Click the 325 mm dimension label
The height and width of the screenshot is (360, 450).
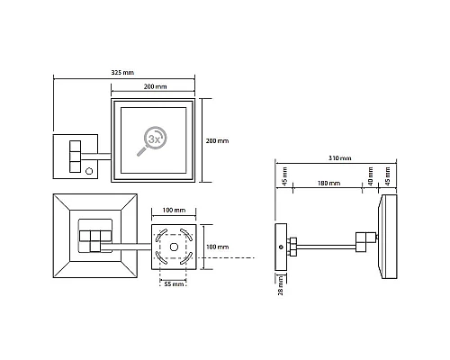tap(122, 73)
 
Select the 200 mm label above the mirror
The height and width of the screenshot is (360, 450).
tap(155, 86)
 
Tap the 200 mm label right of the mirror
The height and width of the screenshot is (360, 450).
tap(217, 140)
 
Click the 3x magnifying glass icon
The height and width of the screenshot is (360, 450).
tap(152, 141)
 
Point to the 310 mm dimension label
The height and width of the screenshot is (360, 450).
tap(340, 158)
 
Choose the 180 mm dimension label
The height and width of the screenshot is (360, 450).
tap(329, 183)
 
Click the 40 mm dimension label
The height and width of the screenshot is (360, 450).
tap(371, 176)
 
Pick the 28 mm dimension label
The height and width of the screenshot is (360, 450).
tap(280, 285)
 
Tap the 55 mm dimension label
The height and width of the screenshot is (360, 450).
tap(174, 283)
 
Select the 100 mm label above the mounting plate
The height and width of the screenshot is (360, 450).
tap(174, 211)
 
